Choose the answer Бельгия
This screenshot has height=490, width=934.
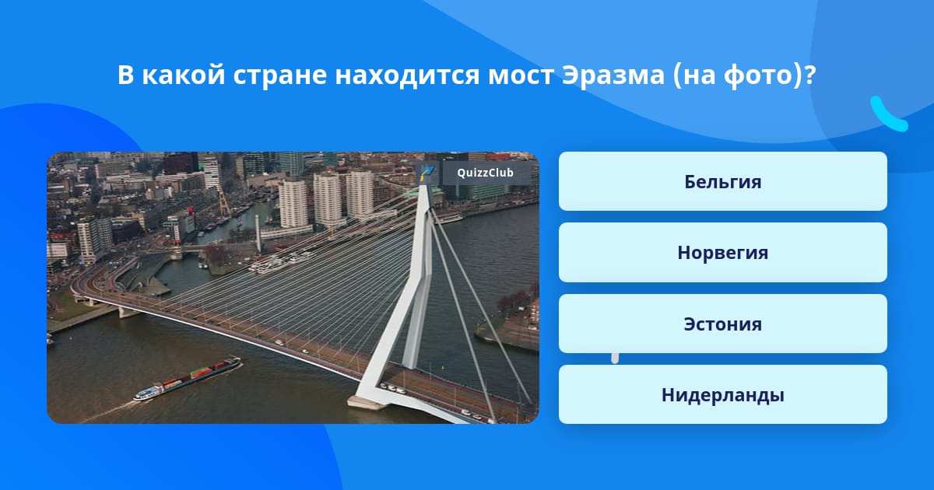[x=722, y=181]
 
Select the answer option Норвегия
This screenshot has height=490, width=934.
[x=722, y=253]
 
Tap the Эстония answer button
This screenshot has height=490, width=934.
[x=722, y=324]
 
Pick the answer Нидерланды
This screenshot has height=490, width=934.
[x=722, y=394]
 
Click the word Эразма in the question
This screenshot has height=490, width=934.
[x=613, y=75]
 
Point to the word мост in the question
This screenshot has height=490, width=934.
[x=521, y=76]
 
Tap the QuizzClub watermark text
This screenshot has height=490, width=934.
[x=485, y=173]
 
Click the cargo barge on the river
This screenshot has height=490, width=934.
[x=188, y=378]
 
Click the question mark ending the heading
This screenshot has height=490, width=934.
[x=809, y=75]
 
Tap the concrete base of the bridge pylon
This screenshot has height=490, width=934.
[x=367, y=403]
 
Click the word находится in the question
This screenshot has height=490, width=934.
[x=407, y=76]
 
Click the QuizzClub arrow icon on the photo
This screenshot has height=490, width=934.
[x=427, y=173]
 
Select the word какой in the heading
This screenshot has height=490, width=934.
[x=184, y=75]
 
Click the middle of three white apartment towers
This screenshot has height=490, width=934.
[x=328, y=199]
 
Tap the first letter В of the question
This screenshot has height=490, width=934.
[x=125, y=75]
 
